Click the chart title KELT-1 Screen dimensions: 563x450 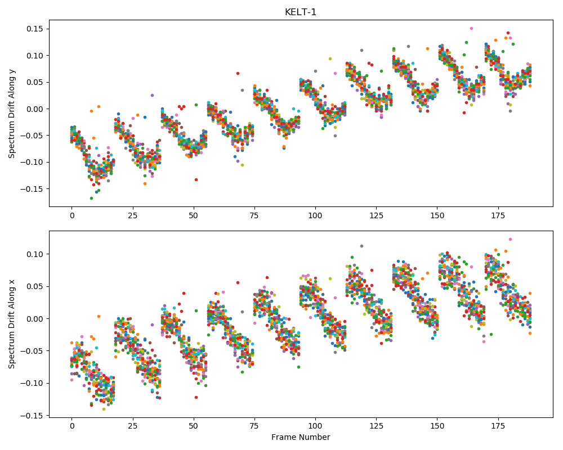[301, 12]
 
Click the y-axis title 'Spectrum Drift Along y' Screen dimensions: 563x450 [12, 114]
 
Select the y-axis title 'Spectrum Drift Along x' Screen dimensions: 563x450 [12, 324]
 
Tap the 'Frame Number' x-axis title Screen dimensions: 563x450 [301, 437]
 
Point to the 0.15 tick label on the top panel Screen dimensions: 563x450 [35, 29]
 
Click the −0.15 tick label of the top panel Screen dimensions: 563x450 [32, 189]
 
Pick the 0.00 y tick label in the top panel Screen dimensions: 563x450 [35, 109]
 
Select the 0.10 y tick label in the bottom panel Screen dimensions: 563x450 [35, 254]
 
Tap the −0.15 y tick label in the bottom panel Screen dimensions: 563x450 [32, 416]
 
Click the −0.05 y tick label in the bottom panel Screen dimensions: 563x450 [32, 351]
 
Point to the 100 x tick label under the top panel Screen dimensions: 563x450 [315, 215]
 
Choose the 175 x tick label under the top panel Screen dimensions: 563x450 [498, 215]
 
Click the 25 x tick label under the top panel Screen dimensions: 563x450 [133, 215]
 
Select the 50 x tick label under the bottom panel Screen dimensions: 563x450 [194, 426]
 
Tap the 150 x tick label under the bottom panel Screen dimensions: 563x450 [437, 426]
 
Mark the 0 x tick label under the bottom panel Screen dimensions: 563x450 [72, 426]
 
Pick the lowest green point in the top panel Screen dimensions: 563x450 [91, 198]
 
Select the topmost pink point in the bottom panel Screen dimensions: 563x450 [510, 240]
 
